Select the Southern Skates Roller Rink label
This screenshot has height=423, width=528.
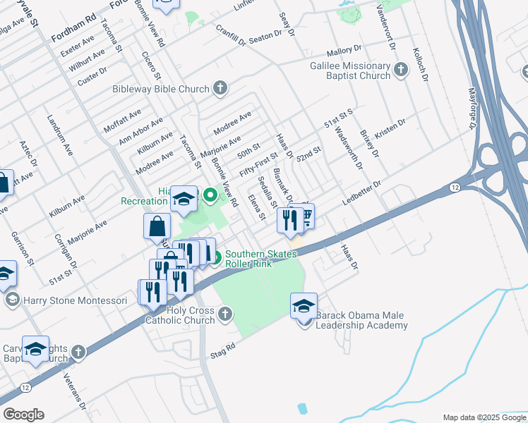pos(261,259)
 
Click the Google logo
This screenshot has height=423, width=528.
pos(23,415)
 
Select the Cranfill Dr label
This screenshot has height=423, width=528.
pos(230,36)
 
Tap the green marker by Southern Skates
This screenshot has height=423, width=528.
pos(217,259)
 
